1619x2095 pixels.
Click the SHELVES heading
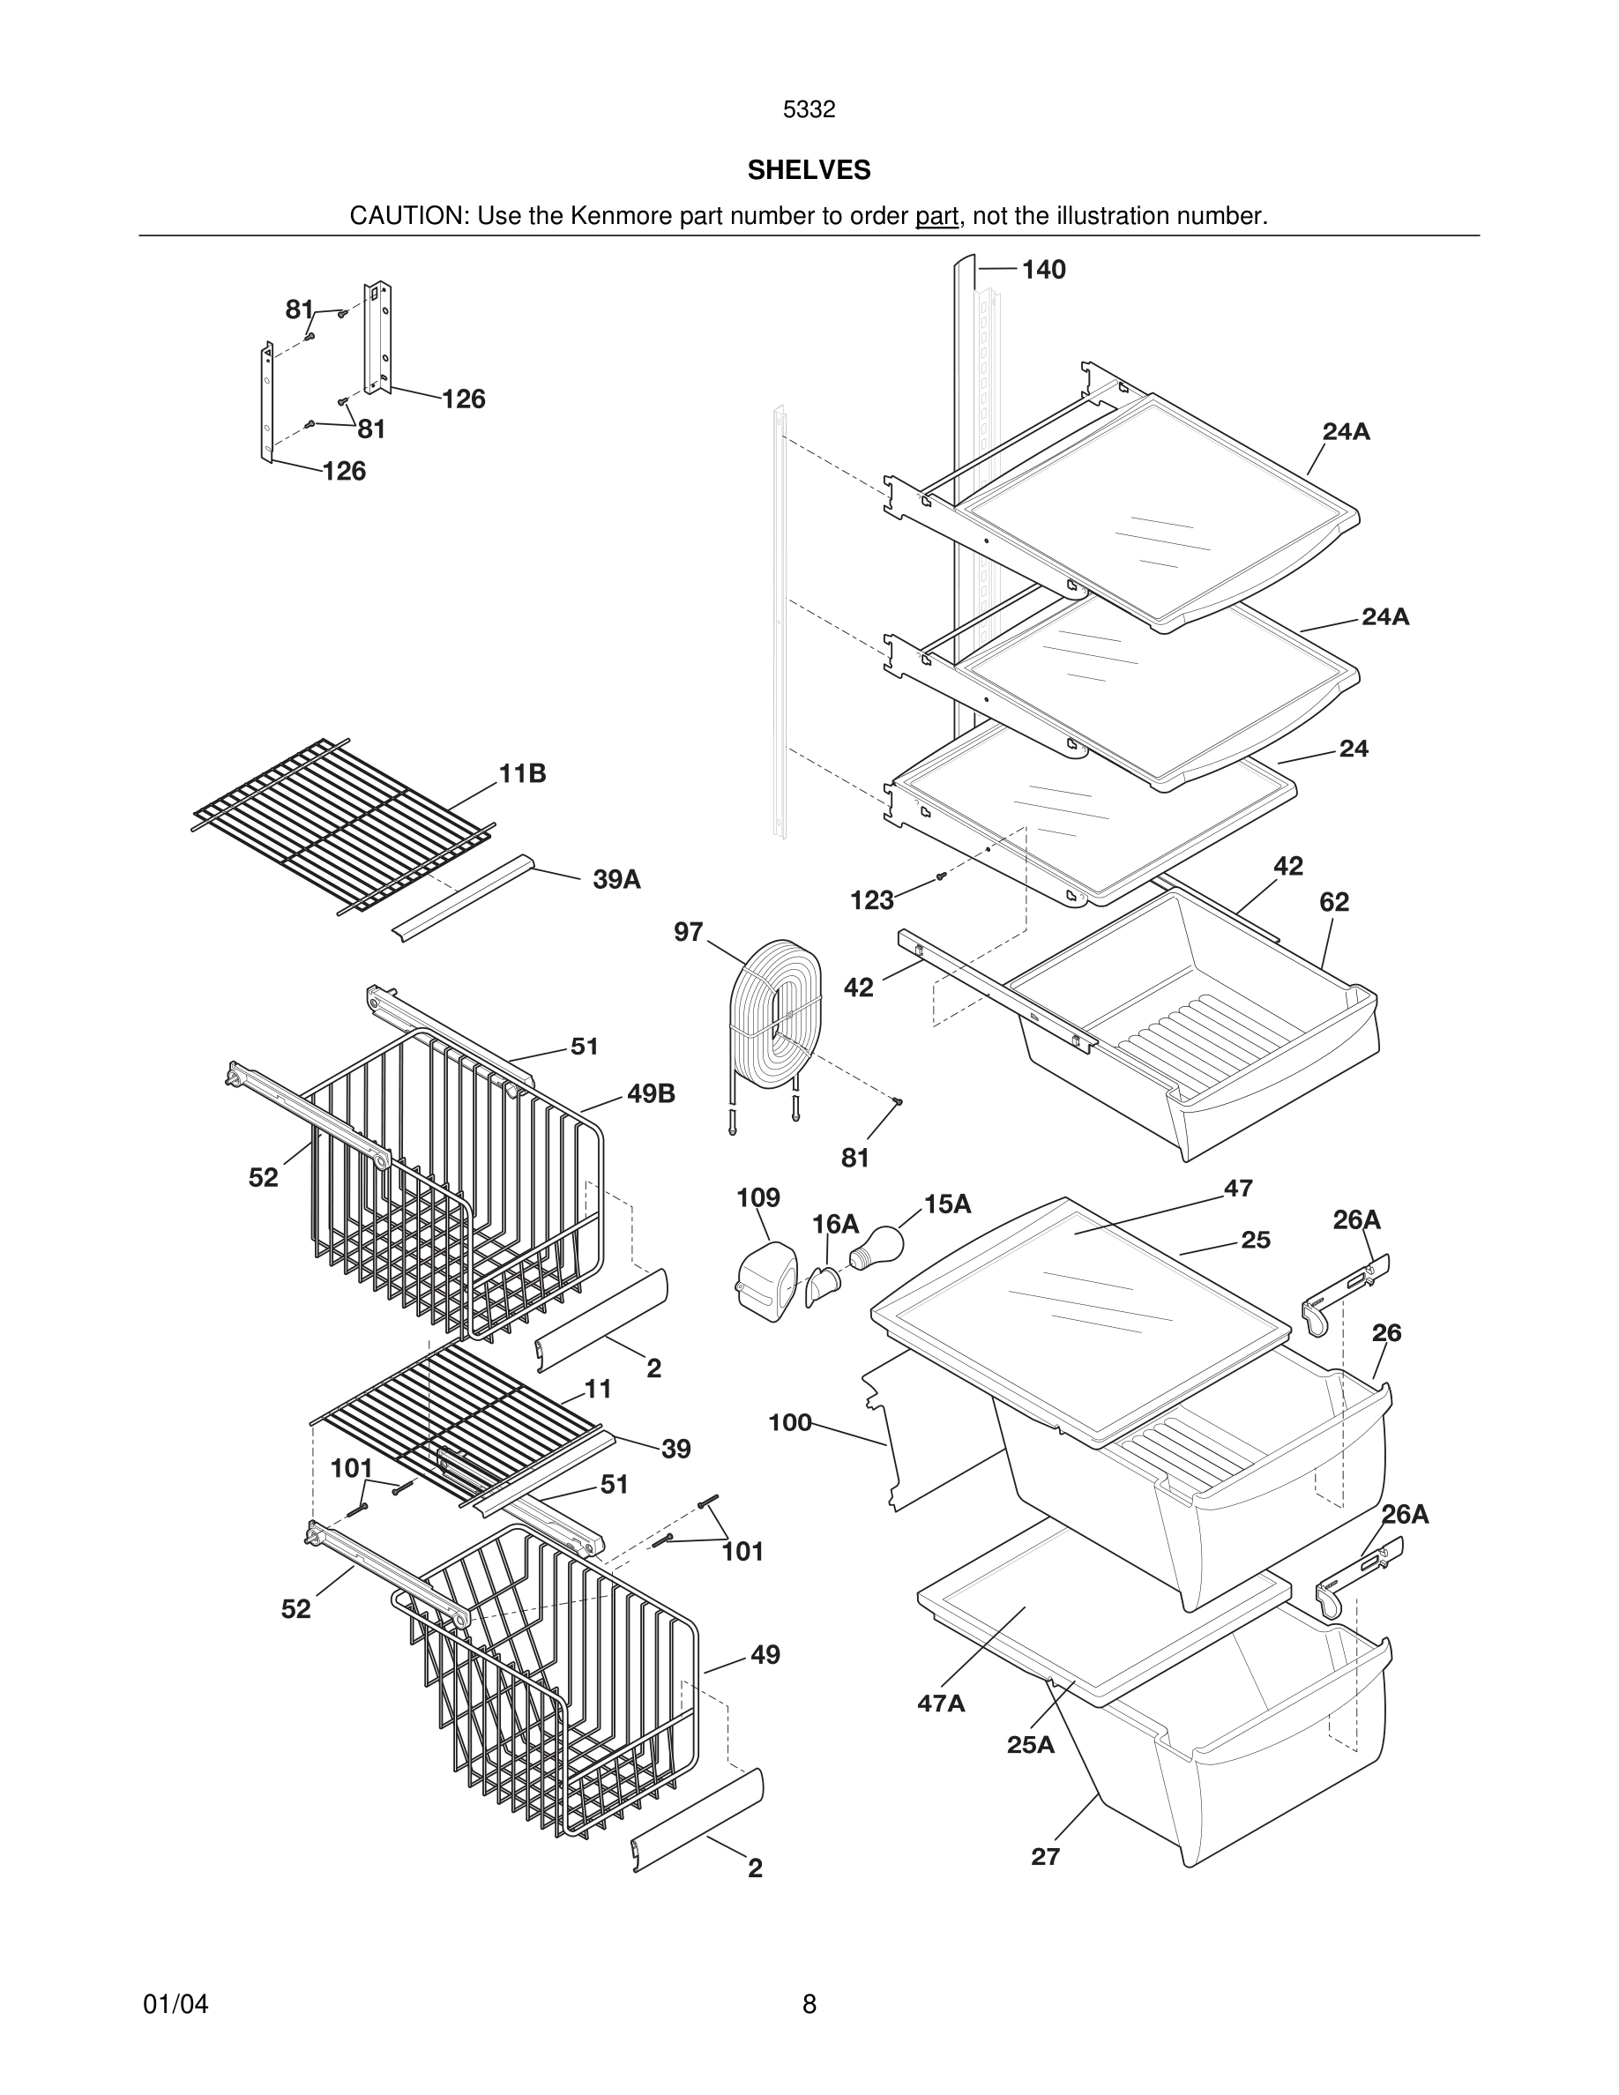tap(809, 170)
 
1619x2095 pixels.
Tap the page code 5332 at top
tap(809, 109)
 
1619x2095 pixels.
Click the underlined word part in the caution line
tap(937, 217)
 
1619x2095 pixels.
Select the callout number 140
tap(1043, 270)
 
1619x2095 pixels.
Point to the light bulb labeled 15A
tap(877, 1246)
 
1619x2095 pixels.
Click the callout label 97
tap(689, 931)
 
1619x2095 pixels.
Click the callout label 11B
tap(523, 773)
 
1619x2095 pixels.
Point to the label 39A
tap(616, 879)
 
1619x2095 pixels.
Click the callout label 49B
tap(652, 1093)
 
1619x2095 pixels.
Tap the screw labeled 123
tap(940, 876)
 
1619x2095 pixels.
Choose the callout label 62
tap(1334, 902)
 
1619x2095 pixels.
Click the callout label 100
tap(790, 1421)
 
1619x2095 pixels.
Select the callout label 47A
tap(941, 1703)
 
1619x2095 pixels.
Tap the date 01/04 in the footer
tap(175, 2004)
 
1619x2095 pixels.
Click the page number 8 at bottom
tap(809, 2004)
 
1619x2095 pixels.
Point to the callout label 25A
tap(1030, 1744)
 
